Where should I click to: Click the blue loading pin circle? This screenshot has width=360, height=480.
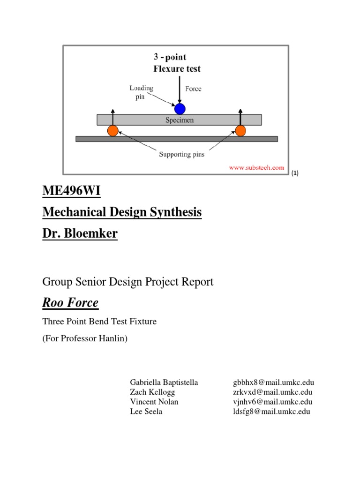[x=180, y=109]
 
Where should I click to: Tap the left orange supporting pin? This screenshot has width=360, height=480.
[x=112, y=131]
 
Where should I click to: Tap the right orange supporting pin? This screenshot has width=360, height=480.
[x=240, y=131]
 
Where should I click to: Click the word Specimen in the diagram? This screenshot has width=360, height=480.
[x=179, y=120]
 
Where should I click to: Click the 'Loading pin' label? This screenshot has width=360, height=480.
[x=142, y=91]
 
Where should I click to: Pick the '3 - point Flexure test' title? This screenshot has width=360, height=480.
[x=177, y=63]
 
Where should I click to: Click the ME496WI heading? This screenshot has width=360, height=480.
[x=71, y=191]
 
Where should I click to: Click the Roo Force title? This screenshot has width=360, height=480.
[x=70, y=303]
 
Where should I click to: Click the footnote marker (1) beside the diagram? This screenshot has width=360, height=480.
[x=295, y=173]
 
